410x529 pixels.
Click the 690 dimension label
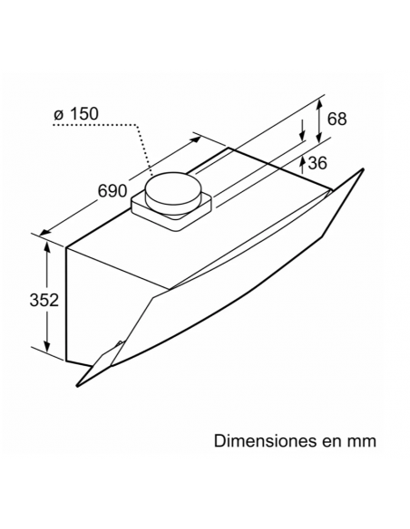[112, 191]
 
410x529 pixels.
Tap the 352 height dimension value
[44, 300]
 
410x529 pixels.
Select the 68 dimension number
[337, 119]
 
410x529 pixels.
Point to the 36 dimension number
[317, 163]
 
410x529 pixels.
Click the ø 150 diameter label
[76, 114]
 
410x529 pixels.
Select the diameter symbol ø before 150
[59, 115]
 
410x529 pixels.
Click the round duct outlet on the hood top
[173, 193]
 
